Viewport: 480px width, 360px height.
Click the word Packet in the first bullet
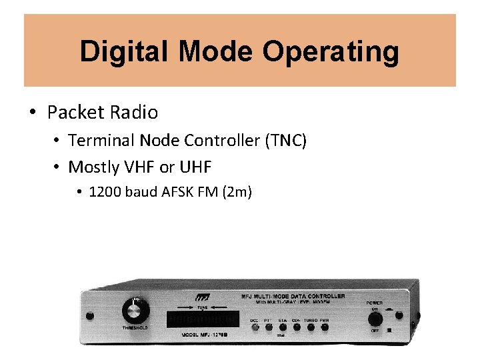tap(71, 112)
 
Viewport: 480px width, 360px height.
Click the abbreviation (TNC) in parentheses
tap(285, 141)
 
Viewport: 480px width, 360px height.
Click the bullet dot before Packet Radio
tap(33, 112)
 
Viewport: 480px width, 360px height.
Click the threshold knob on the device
tap(135, 310)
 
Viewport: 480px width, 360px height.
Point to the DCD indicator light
tap(254, 327)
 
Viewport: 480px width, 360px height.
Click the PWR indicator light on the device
tap(325, 327)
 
